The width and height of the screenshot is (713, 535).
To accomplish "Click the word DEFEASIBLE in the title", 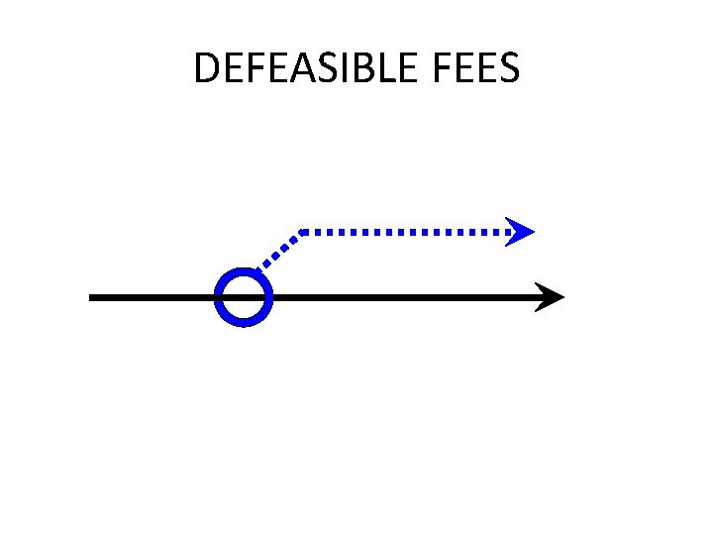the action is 308,68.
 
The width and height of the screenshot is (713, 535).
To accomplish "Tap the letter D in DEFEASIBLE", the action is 206,68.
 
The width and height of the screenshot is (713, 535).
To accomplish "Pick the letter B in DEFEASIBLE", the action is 351,68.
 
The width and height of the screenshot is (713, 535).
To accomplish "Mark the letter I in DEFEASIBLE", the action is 336,68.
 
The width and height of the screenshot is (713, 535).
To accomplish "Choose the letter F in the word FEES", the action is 442,68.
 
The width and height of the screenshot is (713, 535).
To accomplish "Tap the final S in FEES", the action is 508,68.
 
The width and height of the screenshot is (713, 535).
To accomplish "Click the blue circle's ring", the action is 219,297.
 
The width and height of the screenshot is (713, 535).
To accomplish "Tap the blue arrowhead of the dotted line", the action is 520,232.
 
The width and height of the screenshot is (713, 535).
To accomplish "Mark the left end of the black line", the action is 92,297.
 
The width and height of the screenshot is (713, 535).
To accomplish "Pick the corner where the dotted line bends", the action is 300,232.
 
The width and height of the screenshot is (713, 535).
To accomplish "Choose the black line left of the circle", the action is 153,297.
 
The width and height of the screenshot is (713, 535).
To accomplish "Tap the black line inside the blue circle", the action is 243,297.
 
